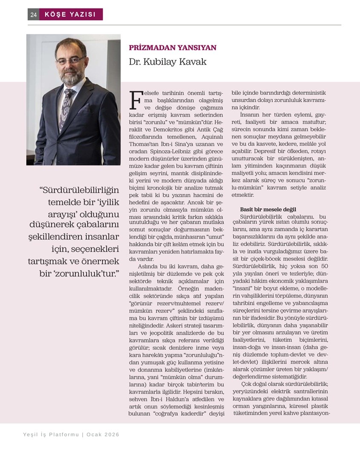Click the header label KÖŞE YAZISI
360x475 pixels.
point(70,14)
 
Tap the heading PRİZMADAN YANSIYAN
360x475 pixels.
point(173,48)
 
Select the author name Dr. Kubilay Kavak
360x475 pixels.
point(168,62)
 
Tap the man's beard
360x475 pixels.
point(71,77)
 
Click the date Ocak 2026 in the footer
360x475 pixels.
point(103,435)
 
